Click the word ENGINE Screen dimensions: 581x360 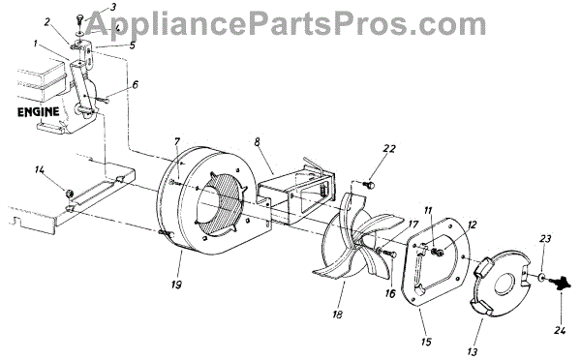tap(39, 112)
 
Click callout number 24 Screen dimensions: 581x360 tap(560, 330)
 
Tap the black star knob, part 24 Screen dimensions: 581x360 tap(561, 284)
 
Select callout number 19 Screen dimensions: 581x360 tap(177, 285)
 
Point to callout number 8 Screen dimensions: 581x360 tap(258, 141)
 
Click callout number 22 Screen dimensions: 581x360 tap(389, 148)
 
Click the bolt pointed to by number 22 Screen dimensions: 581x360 tap(370, 183)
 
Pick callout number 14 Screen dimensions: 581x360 tap(40, 169)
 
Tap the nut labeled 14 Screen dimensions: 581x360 tap(68, 193)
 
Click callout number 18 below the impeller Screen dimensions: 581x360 tap(337, 315)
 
